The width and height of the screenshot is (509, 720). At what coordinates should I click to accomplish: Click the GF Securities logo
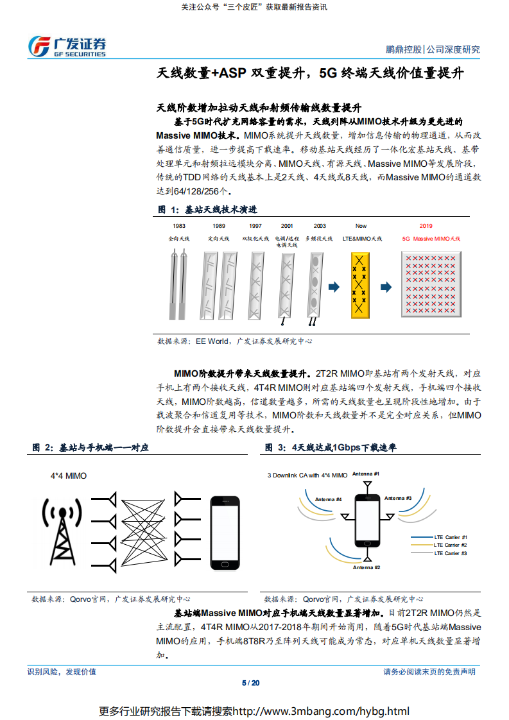tap(67, 46)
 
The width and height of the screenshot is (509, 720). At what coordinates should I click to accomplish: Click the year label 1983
tap(179, 226)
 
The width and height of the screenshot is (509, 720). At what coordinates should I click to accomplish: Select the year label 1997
tap(255, 226)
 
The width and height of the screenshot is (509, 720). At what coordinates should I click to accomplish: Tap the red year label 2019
tap(426, 226)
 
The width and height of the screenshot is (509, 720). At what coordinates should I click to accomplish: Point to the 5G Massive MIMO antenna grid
tap(431, 283)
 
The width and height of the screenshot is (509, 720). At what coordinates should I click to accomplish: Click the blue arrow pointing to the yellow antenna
tap(334, 287)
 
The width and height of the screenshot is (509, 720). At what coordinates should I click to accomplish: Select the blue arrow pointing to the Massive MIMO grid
tap(386, 287)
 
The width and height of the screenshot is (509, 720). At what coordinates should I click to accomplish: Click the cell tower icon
tap(62, 529)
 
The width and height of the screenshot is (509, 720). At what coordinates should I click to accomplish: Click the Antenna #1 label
tap(367, 474)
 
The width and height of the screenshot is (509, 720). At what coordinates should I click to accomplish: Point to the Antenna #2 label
tap(367, 567)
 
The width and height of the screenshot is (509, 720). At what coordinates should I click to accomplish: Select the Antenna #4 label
tap(329, 499)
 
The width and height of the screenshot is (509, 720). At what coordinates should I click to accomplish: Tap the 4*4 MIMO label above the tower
tap(68, 476)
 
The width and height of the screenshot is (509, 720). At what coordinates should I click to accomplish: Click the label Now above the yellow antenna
tap(361, 226)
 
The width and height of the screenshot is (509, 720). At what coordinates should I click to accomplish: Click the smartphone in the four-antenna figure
tap(367, 522)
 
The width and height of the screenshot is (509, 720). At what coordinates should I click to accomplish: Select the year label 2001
tap(287, 226)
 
